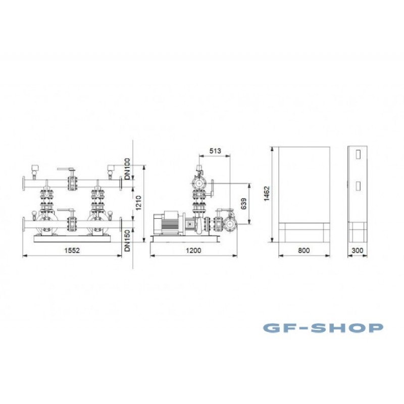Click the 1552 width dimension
(72, 250)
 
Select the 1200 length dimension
(193, 250)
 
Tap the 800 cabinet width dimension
(304, 250)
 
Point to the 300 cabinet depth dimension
(358, 250)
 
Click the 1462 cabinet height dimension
(267, 193)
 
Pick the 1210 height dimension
(138, 203)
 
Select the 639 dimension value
(244, 204)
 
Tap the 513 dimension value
(215, 150)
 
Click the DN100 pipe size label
(127, 169)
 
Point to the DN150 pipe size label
(127, 241)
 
